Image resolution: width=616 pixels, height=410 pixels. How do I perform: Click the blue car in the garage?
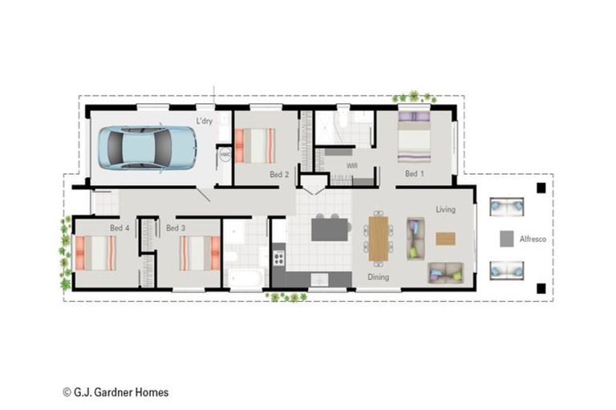pos(148,148)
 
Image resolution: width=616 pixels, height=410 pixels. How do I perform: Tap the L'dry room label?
pos(205,121)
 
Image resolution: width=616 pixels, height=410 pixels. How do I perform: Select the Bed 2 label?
pos(279,175)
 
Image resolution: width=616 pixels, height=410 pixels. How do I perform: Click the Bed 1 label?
pos(415,174)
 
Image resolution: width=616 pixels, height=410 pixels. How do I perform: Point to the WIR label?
pos(352,166)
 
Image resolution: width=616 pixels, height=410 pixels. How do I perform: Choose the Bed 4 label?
pos(120,227)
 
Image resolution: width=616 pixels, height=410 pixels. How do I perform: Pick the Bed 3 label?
pos(176,227)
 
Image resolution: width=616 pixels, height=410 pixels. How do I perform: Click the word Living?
pos(446,210)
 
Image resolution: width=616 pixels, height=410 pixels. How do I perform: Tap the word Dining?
pos(379,277)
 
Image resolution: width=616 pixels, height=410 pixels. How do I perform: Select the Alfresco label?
pos(533,239)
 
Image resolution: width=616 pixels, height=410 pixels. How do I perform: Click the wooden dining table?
pos(379,239)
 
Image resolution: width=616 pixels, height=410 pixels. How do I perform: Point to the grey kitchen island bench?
pos(330,230)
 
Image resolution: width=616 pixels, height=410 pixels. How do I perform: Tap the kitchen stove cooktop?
pos(278,258)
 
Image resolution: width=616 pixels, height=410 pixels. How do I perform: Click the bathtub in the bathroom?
pos(246,278)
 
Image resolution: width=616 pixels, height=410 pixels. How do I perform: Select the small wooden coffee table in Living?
pos(445,239)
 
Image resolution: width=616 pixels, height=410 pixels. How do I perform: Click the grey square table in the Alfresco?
pos(507,239)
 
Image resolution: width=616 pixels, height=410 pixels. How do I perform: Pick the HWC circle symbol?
pos(225,155)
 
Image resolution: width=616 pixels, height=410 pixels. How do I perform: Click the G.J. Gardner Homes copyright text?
pos(115,392)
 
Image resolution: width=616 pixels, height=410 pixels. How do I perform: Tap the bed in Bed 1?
pos(414,137)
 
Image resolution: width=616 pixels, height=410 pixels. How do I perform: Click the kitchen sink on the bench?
pos(319,279)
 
